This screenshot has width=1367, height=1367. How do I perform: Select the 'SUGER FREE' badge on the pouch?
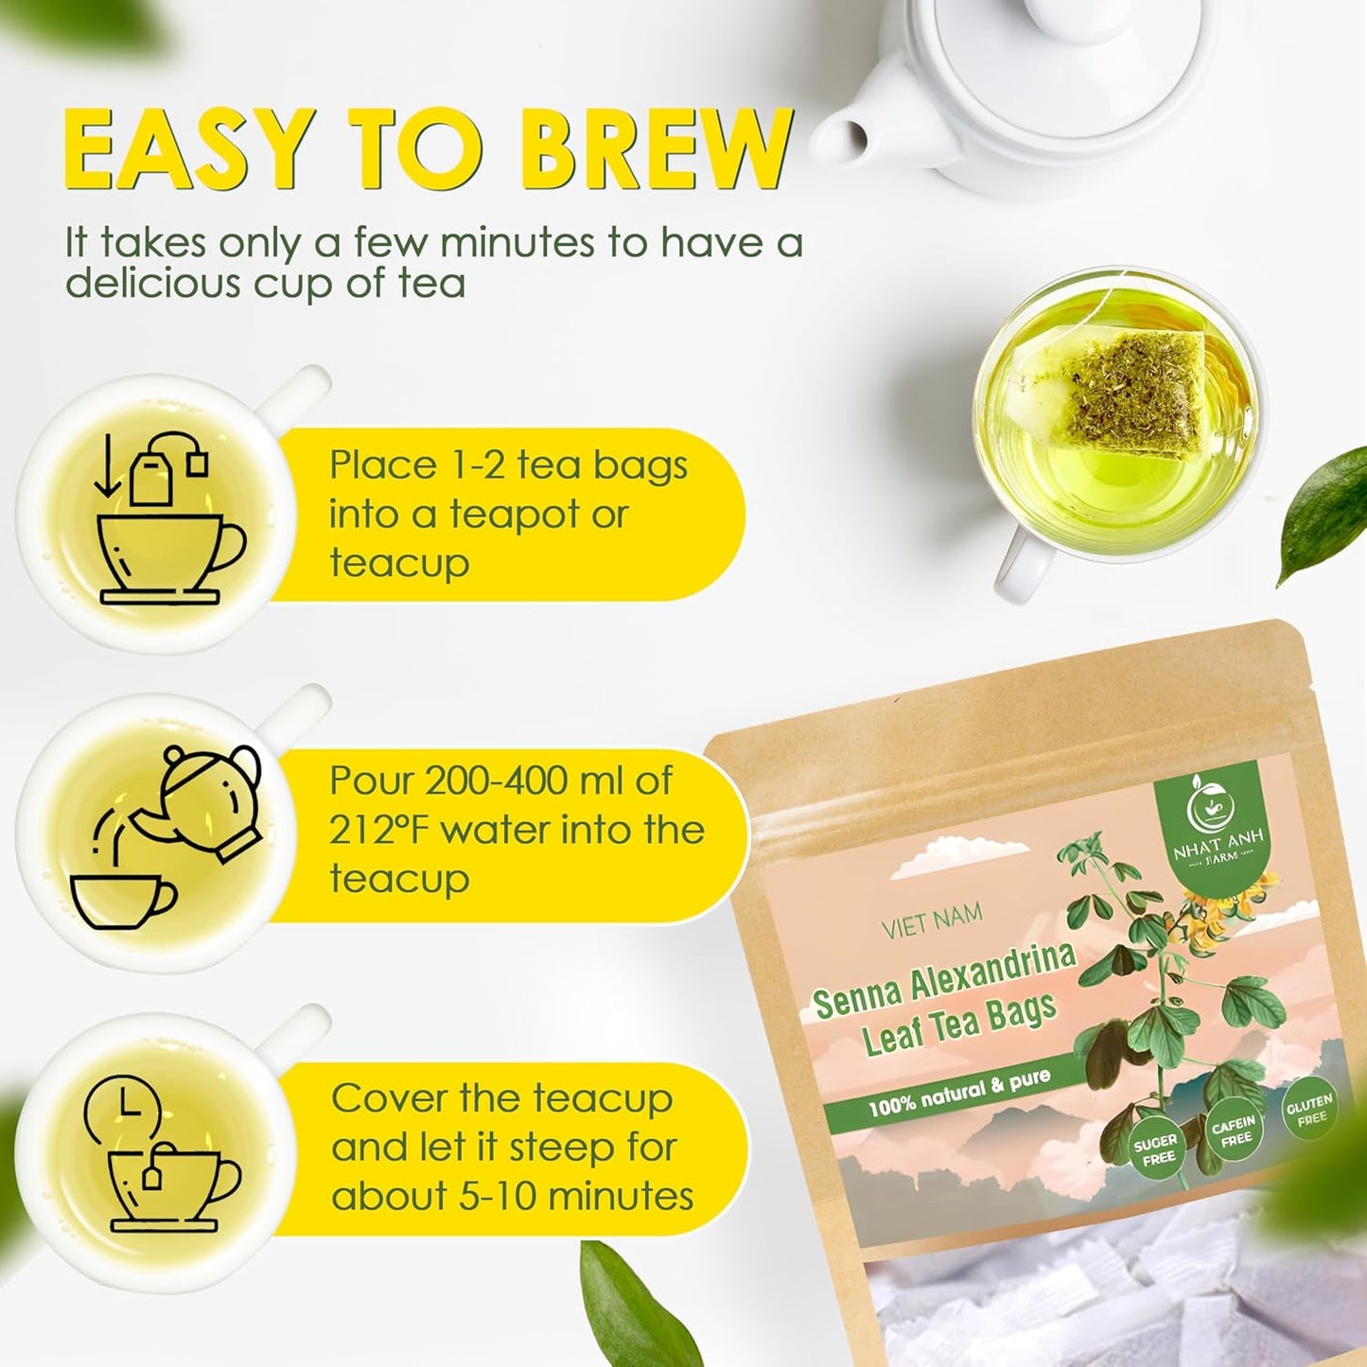[x=1155, y=1150]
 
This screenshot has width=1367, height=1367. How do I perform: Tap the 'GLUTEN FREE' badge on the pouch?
[x=1309, y=1111]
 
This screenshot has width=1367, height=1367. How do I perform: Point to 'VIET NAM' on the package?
[x=932, y=920]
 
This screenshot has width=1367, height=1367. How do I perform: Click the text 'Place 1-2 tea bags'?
[x=508, y=465]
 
